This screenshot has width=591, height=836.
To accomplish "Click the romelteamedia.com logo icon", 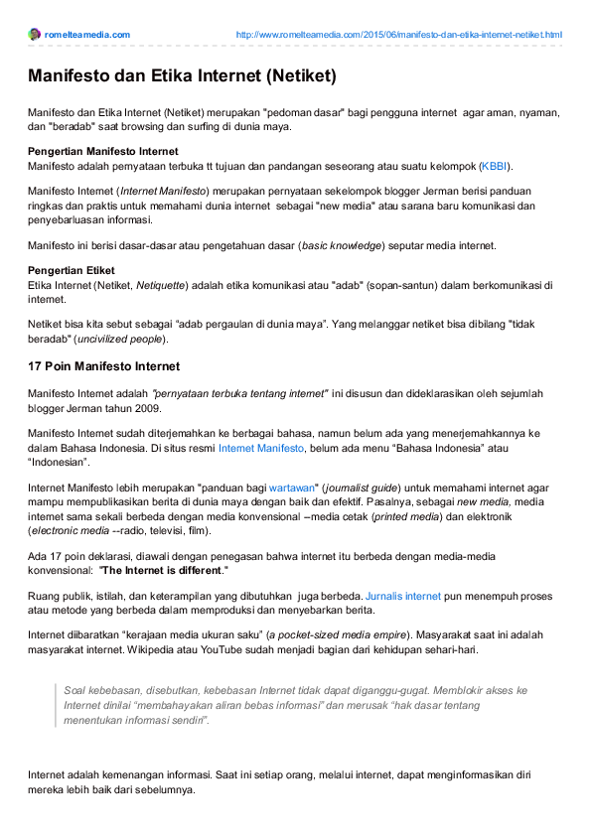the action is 35,35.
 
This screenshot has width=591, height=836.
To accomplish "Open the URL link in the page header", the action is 398,35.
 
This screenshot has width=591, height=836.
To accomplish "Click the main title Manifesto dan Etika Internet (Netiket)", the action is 182,75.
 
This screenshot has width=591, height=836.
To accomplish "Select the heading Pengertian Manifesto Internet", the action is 103,151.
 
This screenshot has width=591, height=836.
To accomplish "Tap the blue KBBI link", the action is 494,165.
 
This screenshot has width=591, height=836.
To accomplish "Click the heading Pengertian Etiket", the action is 72,270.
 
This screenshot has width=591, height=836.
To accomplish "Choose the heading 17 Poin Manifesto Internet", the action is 103,366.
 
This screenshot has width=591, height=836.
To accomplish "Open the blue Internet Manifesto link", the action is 261,448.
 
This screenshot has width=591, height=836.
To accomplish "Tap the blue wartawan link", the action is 292,488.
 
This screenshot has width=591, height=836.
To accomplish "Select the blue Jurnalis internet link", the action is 403,597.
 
